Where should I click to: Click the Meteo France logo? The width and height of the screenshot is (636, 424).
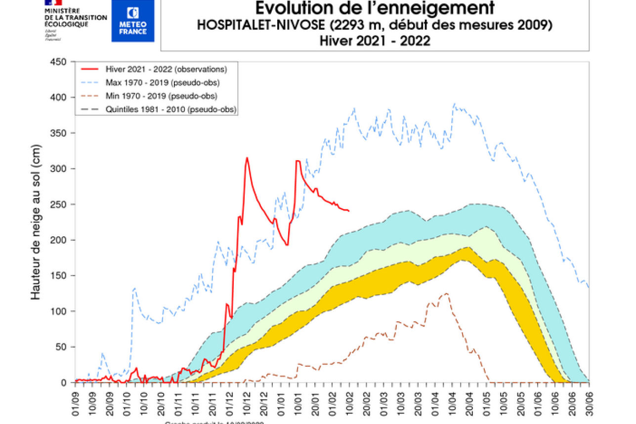[x=133, y=20]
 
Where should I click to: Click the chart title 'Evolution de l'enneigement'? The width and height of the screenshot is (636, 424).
[x=375, y=8]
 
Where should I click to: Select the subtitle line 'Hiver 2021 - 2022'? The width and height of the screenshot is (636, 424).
[x=375, y=41]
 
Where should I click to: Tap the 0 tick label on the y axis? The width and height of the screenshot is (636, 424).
[x=64, y=382]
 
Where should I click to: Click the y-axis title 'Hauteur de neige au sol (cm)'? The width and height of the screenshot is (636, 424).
[x=36, y=222]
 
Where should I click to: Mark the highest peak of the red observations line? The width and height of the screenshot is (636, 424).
[x=247, y=158]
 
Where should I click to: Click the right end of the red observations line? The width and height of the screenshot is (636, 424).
[x=349, y=211]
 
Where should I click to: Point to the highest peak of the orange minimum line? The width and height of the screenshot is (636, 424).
[x=447, y=294]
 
